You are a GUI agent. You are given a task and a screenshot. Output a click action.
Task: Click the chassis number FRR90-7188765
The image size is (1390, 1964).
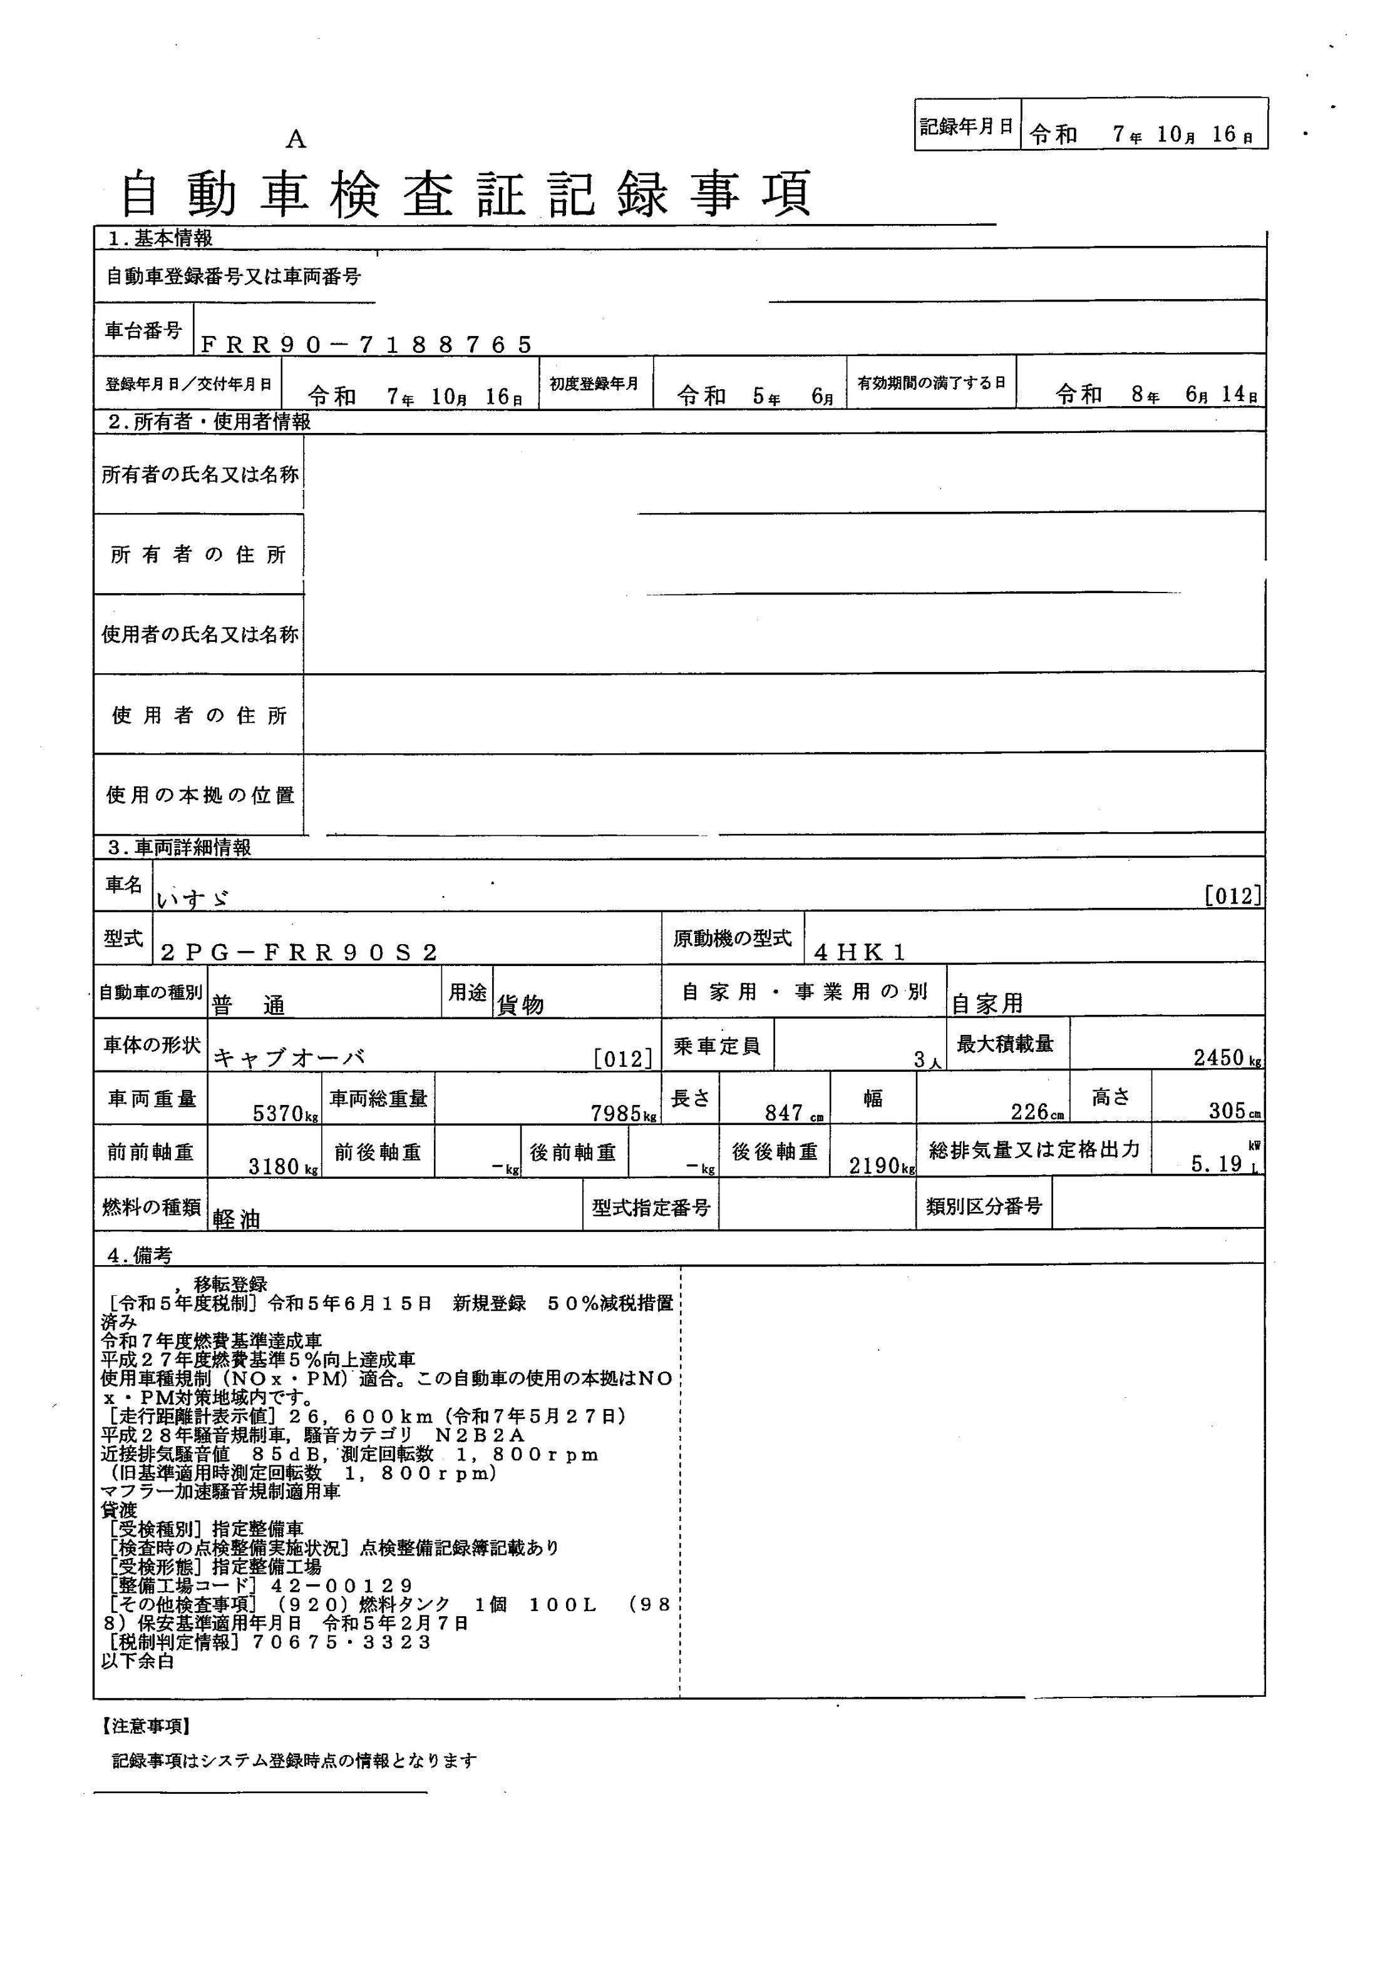[366, 344]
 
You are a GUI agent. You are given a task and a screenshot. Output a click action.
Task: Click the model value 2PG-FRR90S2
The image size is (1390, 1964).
[299, 952]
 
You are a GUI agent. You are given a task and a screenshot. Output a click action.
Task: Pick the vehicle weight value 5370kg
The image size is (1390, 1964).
[286, 1114]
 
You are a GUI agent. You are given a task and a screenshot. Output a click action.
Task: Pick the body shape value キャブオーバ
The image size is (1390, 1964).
[289, 1058]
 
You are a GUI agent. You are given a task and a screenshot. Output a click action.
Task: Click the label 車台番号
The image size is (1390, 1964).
[143, 331]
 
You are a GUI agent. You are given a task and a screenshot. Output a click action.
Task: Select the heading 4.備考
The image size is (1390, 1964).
[140, 1255]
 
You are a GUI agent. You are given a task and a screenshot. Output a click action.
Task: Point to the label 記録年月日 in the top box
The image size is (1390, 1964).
[966, 126]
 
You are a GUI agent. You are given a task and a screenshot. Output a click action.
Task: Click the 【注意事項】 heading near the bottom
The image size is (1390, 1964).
[145, 1726]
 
